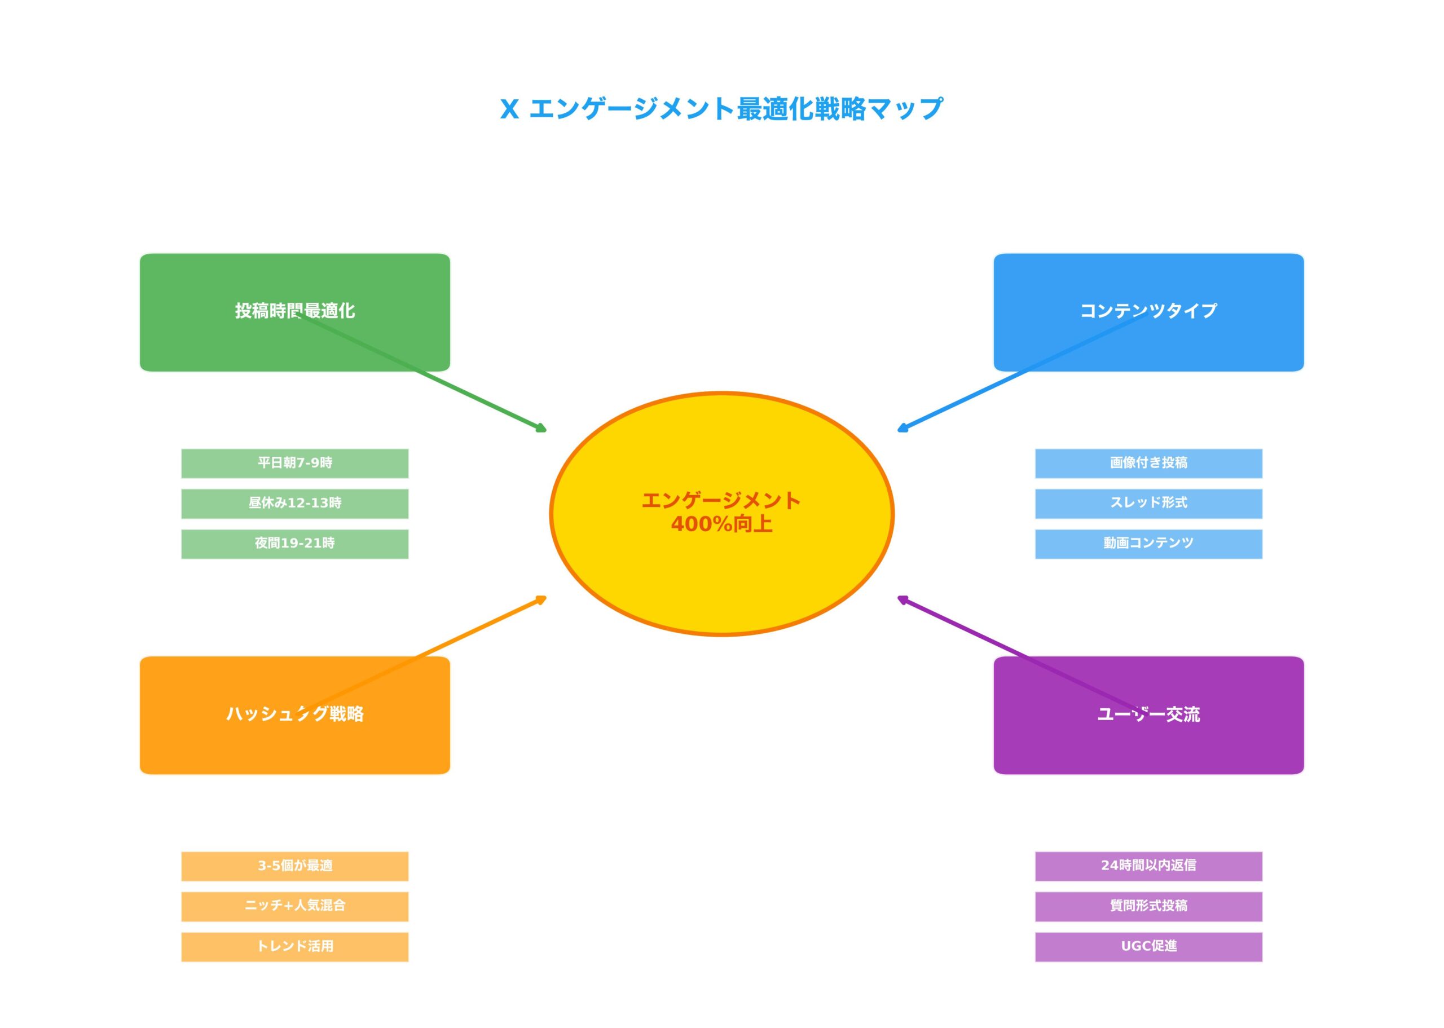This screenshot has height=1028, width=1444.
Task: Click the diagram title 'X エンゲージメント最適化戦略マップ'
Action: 721,109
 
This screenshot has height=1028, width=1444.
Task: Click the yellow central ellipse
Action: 721,570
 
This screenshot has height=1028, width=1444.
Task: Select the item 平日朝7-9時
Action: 294,463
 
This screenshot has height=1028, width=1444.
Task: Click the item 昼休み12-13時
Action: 294,503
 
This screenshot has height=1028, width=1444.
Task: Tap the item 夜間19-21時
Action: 294,543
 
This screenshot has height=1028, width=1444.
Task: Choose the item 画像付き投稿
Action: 1148,463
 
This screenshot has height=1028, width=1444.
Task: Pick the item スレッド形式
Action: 1148,503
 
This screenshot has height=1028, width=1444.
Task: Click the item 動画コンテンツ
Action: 1148,543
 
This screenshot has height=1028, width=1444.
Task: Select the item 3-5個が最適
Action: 294,866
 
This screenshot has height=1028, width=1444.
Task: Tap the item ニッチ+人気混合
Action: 294,906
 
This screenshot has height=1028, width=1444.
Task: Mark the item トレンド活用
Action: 294,946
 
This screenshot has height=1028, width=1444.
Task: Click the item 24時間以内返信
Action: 1148,866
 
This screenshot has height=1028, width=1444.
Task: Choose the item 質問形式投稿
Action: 1148,906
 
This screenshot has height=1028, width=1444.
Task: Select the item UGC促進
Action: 1148,946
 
